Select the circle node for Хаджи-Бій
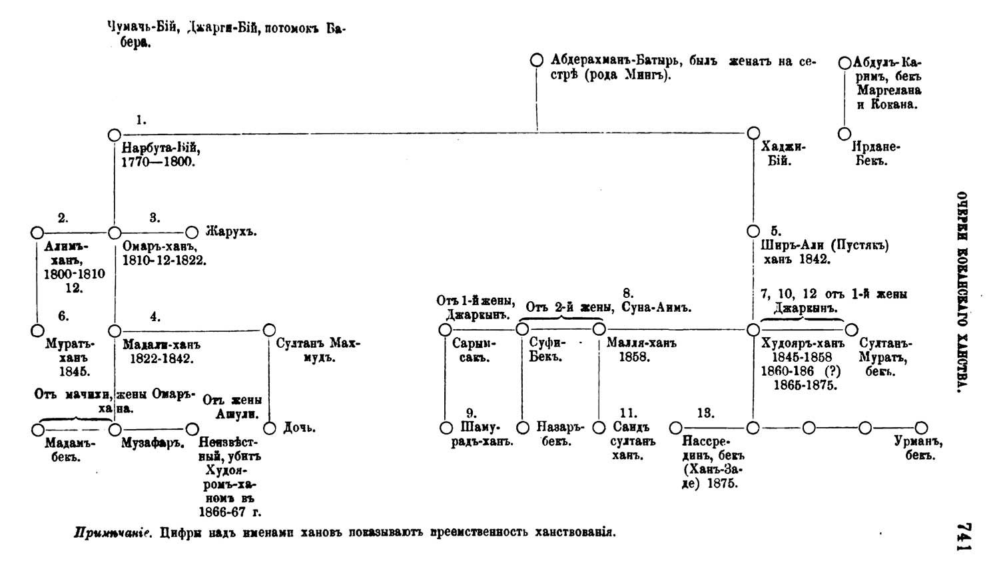(x=753, y=133)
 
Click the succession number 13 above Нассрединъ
(x=705, y=413)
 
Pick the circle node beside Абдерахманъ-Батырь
(x=536, y=61)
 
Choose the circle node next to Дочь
(x=269, y=428)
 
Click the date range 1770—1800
(x=159, y=161)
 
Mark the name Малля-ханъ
(x=641, y=344)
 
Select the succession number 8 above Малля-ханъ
(x=627, y=293)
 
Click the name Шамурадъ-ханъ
(x=482, y=434)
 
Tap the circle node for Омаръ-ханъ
(x=115, y=233)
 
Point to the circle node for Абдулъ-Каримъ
(x=844, y=63)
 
